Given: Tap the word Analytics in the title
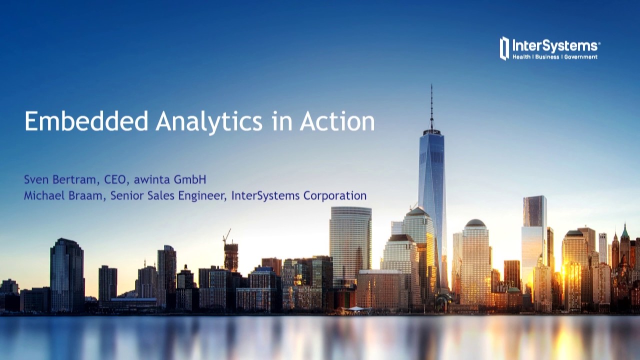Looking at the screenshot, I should [x=209, y=121].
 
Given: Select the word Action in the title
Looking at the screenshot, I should [x=337, y=121].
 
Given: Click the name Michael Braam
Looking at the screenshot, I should [x=64, y=195].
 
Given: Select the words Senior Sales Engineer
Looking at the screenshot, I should [x=168, y=195].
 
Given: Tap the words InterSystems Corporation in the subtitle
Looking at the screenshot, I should [x=298, y=195].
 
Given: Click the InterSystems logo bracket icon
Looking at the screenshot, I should [x=504, y=48].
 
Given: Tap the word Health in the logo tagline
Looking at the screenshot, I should [x=521, y=57].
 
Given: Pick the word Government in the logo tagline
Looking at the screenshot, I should [x=580, y=57].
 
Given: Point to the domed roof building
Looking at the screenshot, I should [x=475, y=223].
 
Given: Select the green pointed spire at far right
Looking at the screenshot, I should [x=624, y=231].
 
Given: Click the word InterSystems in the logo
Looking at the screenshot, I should [x=555, y=46].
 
